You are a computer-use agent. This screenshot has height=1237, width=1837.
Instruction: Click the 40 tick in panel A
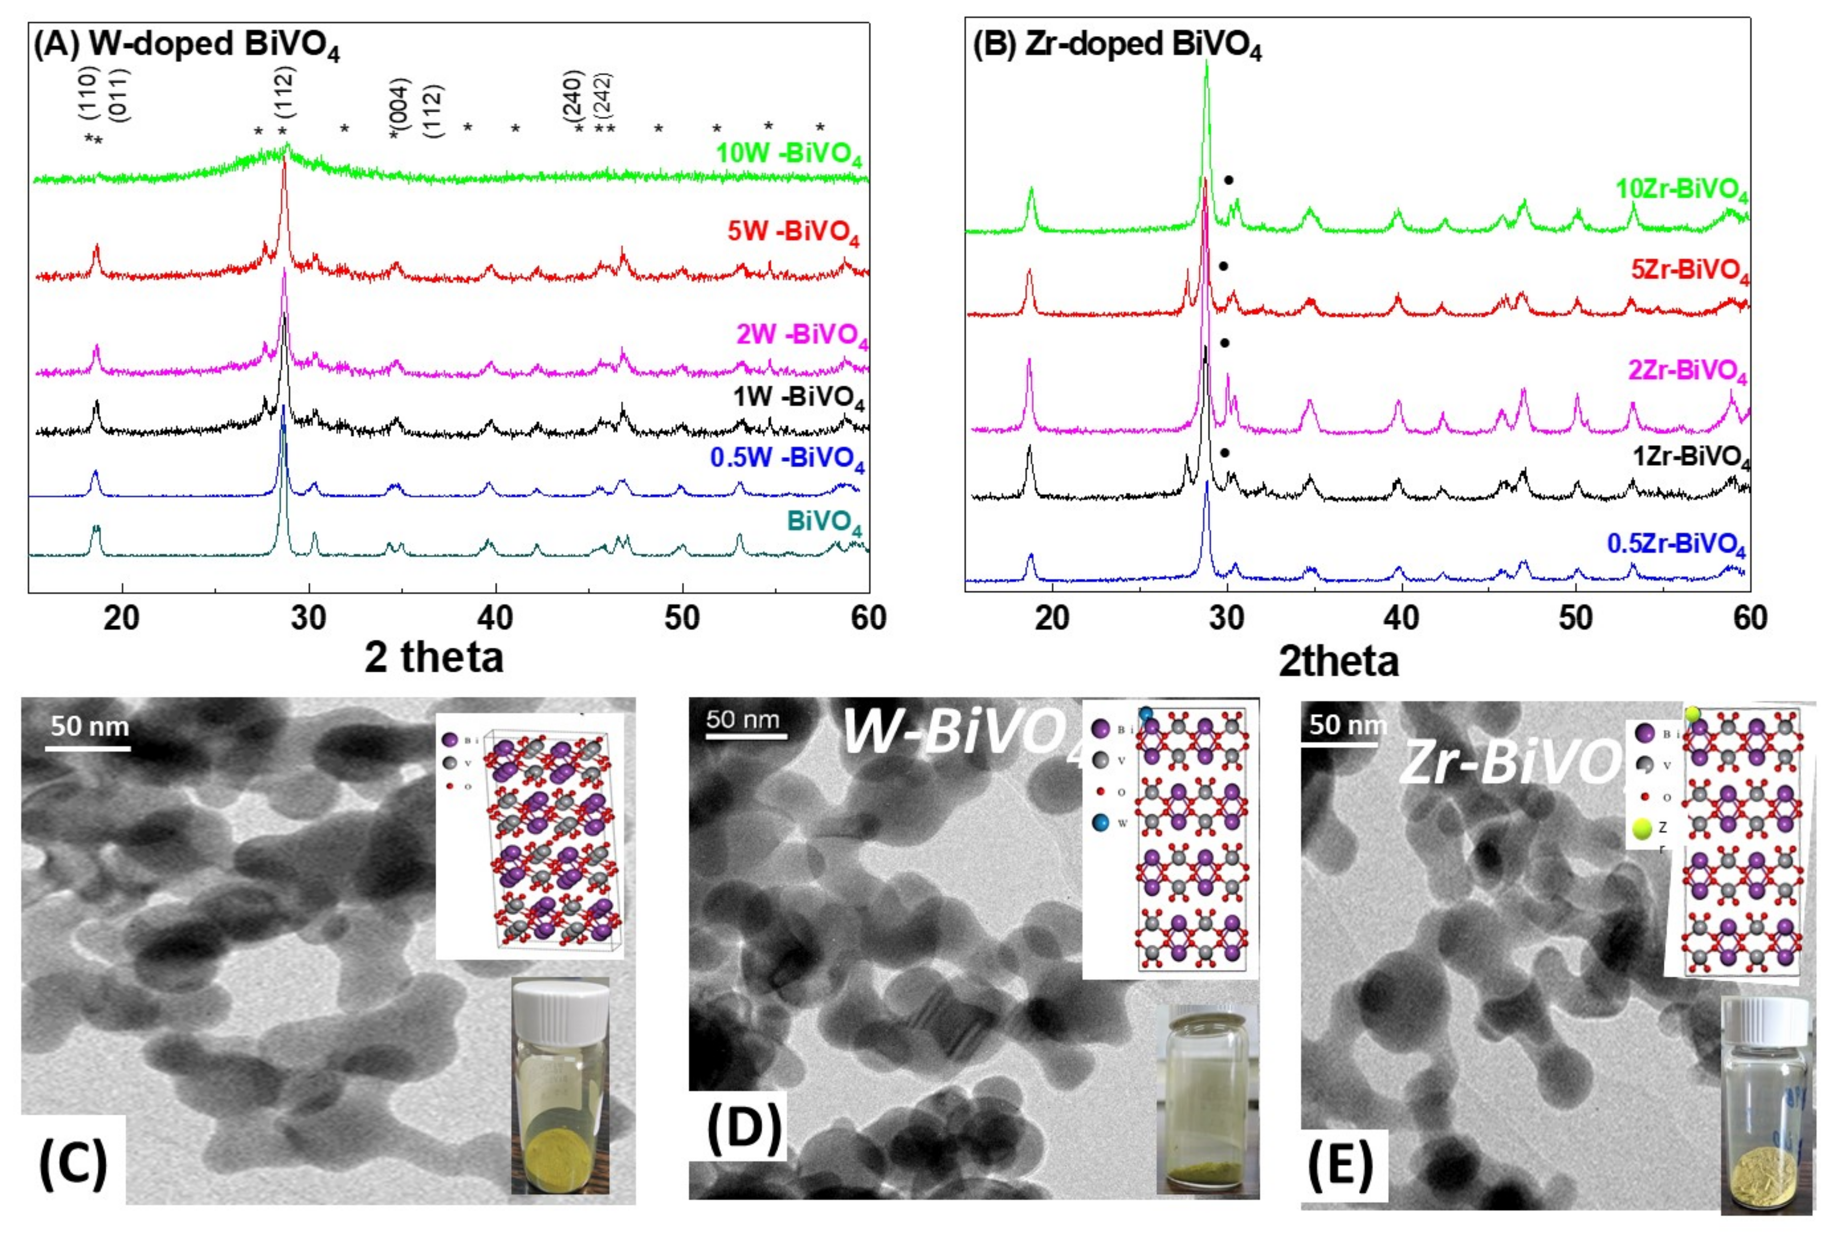[495, 617]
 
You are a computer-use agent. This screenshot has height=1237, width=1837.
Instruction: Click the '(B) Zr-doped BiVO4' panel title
[1116, 46]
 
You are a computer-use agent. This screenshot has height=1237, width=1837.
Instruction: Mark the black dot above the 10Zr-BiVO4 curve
[1228, 180]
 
